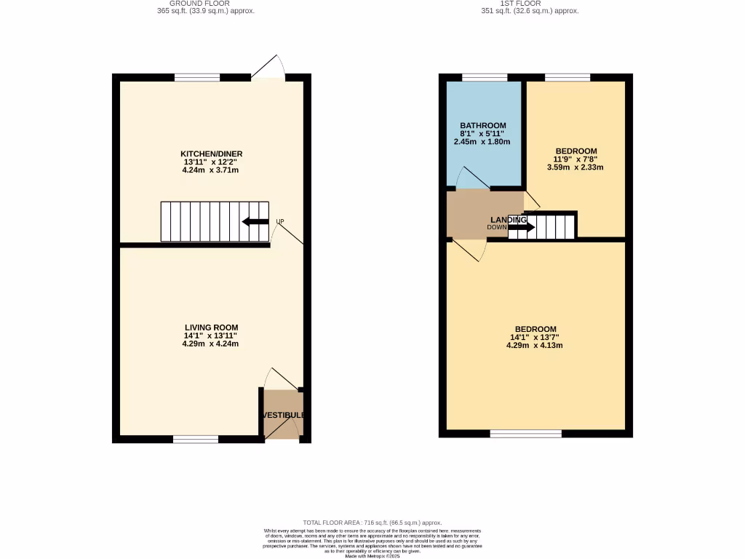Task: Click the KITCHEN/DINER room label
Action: (211, 154)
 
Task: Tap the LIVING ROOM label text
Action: (211, 328)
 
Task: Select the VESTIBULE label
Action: (283, 415)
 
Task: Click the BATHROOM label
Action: (482, 126)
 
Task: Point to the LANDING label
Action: (508, 220)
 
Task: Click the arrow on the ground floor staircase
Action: (255, 222)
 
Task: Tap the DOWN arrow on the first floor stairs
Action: (521, 227)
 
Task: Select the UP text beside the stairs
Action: (279, 222)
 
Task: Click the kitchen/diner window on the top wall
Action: (197, 77)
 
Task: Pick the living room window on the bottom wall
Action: (196, 439)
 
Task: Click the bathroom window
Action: (485, 77)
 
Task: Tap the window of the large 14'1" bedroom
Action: (525, 434)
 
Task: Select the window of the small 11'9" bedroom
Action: (567, 77)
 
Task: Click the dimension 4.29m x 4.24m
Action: (210, 344)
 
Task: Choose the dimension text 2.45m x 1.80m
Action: (482, 142)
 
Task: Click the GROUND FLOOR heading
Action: (206, 4)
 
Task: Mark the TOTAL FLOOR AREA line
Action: (372, 523)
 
